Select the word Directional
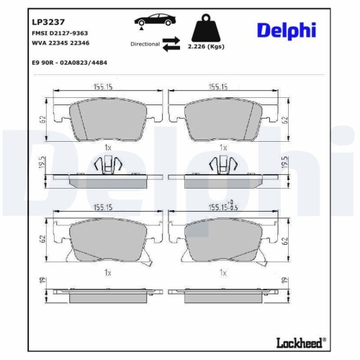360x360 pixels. click(145, 45)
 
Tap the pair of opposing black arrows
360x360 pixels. click(171, 45)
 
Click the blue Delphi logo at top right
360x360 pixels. click(285, 30)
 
